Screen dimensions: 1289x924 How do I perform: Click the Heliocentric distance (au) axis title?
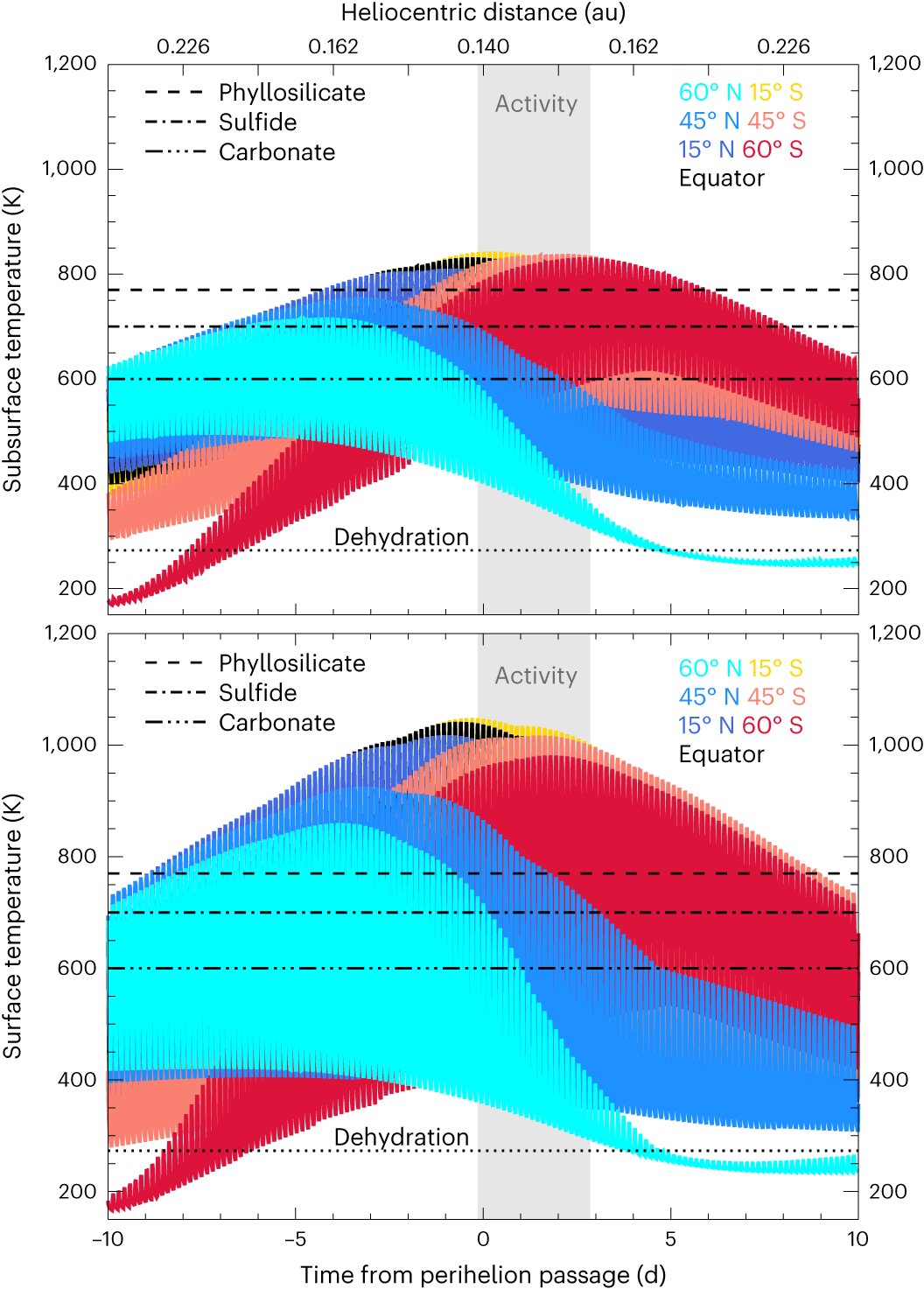pyautogui.click(x=483, y=13)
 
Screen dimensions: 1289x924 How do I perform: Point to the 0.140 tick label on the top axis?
pyautogui.click(x=483, y=46)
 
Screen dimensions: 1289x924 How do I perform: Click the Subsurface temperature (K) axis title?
pyautogui.click(x=12, y=340)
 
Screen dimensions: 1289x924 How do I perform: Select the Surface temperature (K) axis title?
pyautogui.click(x=12, y=926)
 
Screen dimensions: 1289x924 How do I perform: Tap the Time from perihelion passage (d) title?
pyautogui.click(x=483, y=1275)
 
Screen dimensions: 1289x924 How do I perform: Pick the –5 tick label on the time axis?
pyautogui.click(x=295, y=1239)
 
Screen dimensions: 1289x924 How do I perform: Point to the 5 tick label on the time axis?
pyautogui.click(x=670, y=1239)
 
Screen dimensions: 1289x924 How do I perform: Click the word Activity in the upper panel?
pyautogui.click(x=536, y=104)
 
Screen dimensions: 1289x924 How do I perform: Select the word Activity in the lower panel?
pyautogui.click(x=536, y=676)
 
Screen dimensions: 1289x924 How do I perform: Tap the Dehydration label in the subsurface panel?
pyautogui.click(x=402, y=536)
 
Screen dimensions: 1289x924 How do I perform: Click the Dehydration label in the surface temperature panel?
pyautogui.click(x=402, y=1137)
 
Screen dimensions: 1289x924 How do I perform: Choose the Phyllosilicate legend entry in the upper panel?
pyautogui.click(x=291, y=93)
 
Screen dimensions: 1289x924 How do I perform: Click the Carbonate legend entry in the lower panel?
pyautogui.click(x=276, y=723)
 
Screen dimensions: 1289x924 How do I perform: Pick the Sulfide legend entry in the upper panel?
pyautogui.click(x=257, y=123)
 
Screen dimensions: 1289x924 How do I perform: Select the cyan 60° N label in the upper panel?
pyautogui.click(x=710, y=92)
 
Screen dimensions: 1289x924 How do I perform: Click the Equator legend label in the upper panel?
pyautogui.click(x=721, y=179)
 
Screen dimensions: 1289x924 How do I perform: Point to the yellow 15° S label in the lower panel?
pyautogui.click(x=775, y=669)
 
